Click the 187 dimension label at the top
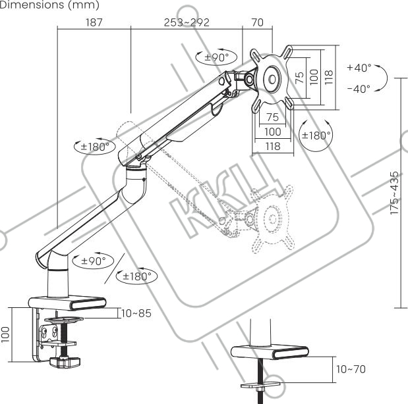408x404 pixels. [95, 22]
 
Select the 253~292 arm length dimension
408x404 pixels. [187, 22]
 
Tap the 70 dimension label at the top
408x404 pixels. [257, 22]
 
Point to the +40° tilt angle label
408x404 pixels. [359, 68]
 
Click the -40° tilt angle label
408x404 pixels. [359, 88]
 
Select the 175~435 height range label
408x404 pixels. [395, 193]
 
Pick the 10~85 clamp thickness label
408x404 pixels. [136, 313]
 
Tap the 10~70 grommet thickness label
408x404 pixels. [350, 370]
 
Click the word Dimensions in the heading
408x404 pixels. [27, 5]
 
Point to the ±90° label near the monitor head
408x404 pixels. [216, 57]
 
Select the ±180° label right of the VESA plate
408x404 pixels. [315, 135]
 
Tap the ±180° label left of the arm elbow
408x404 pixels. [94, 147]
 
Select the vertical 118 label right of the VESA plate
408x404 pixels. [328, 75]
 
